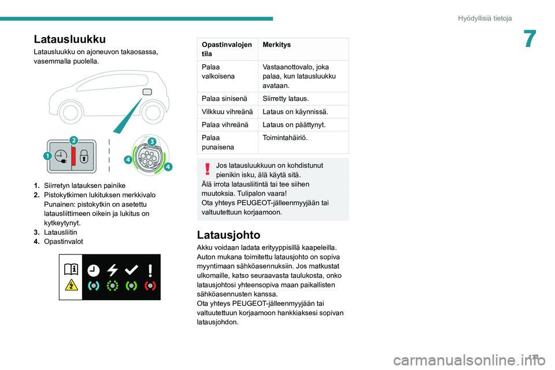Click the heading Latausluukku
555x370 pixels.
click(x=69, y=39)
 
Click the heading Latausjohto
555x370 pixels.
click(x=228, y=235)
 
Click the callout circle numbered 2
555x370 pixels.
click(x=74, y=141)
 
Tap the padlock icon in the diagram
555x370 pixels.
click(x=84, y=157)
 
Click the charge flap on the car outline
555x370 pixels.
click(x=147, y=92)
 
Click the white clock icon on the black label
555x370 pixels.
click(x=92, y=270)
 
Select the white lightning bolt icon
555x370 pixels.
click(x=112, y=270)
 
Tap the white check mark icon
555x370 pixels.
click(x=131, y=270)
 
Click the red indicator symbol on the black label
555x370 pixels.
click(x=150, y=285)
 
